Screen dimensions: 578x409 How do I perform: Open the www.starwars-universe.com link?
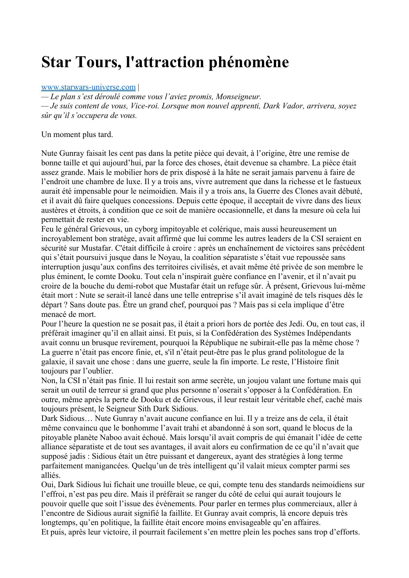[88, 87]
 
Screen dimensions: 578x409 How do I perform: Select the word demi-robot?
[132, 286]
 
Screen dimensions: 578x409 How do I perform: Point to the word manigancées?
[109, 466]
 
